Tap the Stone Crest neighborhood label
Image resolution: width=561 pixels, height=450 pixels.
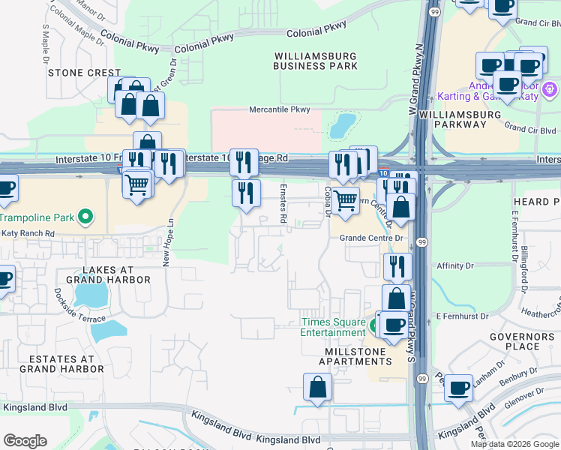pyautogui.click(x=73, y=73)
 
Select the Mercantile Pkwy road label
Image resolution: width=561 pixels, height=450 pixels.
pyautogui.click(x=280, y=109)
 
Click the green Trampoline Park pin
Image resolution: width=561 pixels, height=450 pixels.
pyautogui.click(x=85, y=217)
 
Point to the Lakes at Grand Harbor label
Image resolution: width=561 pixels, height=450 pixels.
pyautogui.click(x=97, y=274)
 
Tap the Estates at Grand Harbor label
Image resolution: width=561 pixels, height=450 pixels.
pyautogui.click(x=61, y=364)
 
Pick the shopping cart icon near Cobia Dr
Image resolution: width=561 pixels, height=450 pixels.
pyautogui.click(x=345, y=201)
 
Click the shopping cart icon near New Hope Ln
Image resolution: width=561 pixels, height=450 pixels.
pyautogui.click(x=136, y=183)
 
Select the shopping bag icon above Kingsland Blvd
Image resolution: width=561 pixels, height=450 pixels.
pyautogui.click(x=317, y=387)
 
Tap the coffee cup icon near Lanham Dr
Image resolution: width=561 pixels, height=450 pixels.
pyautogui.click(x=458, y=388)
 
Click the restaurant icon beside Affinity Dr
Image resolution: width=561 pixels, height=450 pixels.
pyautogui.click(x=397, y=266)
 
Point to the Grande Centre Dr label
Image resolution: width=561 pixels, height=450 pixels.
pyautogui.click(x=371, y=238)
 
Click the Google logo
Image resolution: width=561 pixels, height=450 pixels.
pyautogui.click(x=25, y=441)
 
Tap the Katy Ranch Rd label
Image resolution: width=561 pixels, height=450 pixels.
pyautogui.click(x=28, y=233)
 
